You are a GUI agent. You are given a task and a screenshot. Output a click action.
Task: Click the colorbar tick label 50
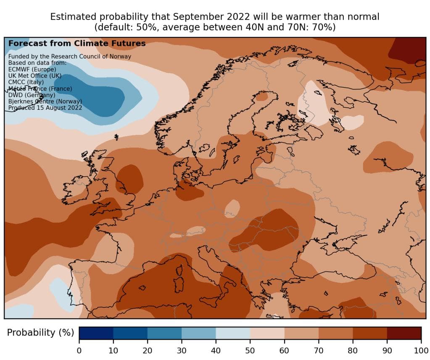click(x=250, y=351)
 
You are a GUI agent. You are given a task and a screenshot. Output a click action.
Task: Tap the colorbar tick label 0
click(x=79, y=351)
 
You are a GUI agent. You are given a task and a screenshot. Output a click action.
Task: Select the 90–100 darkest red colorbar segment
click(x=404, y=333)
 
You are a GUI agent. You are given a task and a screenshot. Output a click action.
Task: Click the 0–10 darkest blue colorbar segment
click(x=96, y=333)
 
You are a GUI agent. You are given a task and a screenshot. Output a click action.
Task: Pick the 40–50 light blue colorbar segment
click(x=233, y=333)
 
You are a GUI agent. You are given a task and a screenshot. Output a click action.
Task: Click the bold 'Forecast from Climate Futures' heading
click(x=77, y=43)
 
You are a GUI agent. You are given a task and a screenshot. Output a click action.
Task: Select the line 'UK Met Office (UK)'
click(x=35, y=76)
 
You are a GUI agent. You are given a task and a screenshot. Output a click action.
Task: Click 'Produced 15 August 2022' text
click(x=45, y=108)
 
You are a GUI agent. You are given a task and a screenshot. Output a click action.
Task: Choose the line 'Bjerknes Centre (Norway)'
click(x=45, y=101)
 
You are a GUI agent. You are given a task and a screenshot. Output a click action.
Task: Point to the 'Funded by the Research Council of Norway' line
click(x=70, y=56)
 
